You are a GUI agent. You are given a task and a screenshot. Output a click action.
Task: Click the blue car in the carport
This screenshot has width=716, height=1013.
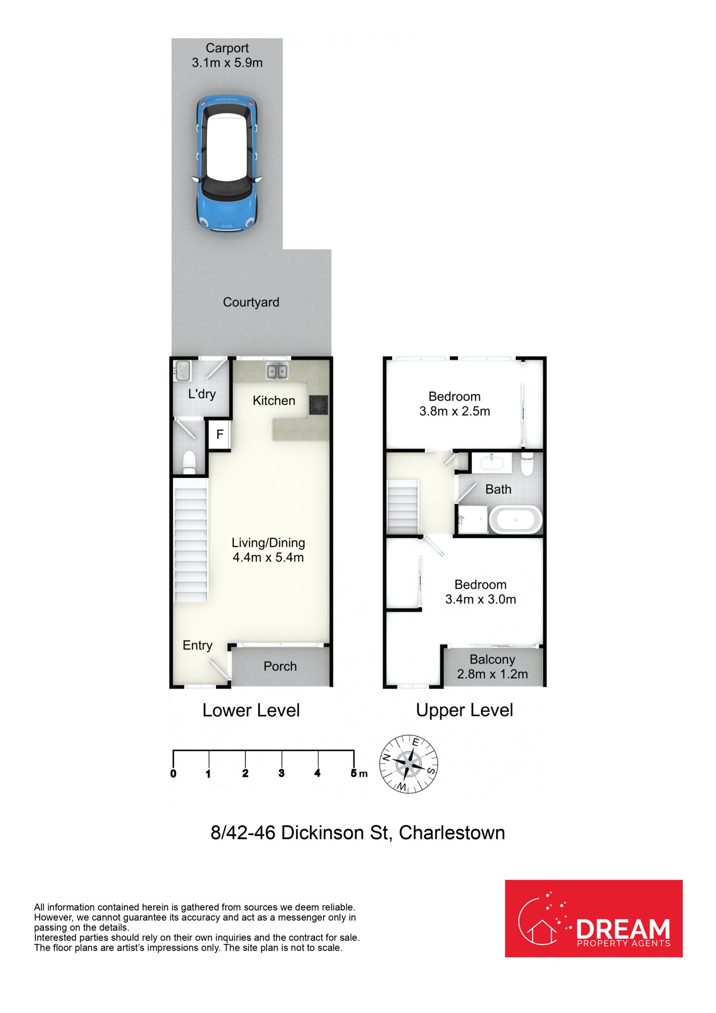227,163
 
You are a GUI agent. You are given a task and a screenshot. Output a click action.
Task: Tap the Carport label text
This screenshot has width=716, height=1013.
227,48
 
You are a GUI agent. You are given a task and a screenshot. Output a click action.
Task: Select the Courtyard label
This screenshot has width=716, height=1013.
251,303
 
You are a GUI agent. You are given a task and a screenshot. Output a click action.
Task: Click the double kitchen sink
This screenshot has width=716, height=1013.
277,371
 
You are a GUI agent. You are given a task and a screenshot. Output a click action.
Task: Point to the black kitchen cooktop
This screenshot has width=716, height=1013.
318,405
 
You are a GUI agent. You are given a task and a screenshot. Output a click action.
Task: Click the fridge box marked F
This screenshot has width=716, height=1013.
219,434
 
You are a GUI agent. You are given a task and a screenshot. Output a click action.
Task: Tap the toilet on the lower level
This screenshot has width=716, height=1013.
189,462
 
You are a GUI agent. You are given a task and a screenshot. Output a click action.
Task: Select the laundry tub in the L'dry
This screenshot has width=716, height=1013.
182,371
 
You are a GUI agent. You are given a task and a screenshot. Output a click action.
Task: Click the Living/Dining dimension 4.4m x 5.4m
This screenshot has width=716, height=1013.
268,557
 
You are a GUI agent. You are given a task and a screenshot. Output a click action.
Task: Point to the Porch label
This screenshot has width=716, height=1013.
280,667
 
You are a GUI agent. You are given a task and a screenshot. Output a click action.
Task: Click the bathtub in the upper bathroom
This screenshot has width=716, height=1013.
516,519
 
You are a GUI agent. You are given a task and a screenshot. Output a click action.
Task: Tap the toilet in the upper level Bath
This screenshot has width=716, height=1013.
527,463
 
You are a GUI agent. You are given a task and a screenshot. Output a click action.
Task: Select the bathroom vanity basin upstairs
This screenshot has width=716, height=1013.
491,462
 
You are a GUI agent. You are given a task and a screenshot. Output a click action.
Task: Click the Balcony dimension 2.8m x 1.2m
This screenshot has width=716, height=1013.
492,674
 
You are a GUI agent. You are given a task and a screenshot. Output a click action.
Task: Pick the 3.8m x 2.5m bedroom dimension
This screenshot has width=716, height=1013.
455,411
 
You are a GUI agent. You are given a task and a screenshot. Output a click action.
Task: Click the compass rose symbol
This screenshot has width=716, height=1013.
409,764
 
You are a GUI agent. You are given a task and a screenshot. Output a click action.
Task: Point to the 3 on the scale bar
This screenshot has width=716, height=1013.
281,773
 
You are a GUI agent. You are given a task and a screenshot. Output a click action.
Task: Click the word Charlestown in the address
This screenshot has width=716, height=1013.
452,833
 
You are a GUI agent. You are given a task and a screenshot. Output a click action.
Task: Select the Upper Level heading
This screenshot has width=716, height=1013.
465,711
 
